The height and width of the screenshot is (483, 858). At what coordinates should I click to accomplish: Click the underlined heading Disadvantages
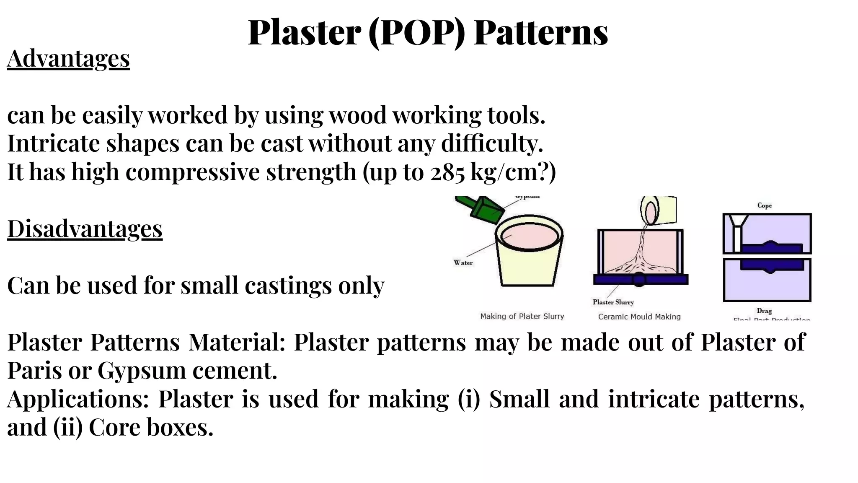tap(85, 229)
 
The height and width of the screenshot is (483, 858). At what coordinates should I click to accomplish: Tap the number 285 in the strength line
tap(447, 172)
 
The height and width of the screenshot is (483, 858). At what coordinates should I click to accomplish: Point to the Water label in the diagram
tap(463, 263)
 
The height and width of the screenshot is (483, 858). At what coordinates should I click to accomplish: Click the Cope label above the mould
tap(764, 205)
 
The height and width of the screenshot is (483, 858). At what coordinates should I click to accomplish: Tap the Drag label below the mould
tap(764, 311)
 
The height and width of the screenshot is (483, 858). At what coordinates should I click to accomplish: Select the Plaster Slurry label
tap(613, 302)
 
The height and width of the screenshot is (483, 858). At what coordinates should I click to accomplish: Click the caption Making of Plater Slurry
tap(522, 316)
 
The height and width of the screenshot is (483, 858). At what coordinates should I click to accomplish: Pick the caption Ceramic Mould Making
tap(639, 317)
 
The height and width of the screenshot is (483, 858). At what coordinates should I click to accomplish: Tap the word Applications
tap(78, 399)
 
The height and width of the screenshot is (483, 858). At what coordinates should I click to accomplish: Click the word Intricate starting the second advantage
tap(53, 143)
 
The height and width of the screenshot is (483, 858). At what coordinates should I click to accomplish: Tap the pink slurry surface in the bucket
tap(529, 236)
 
